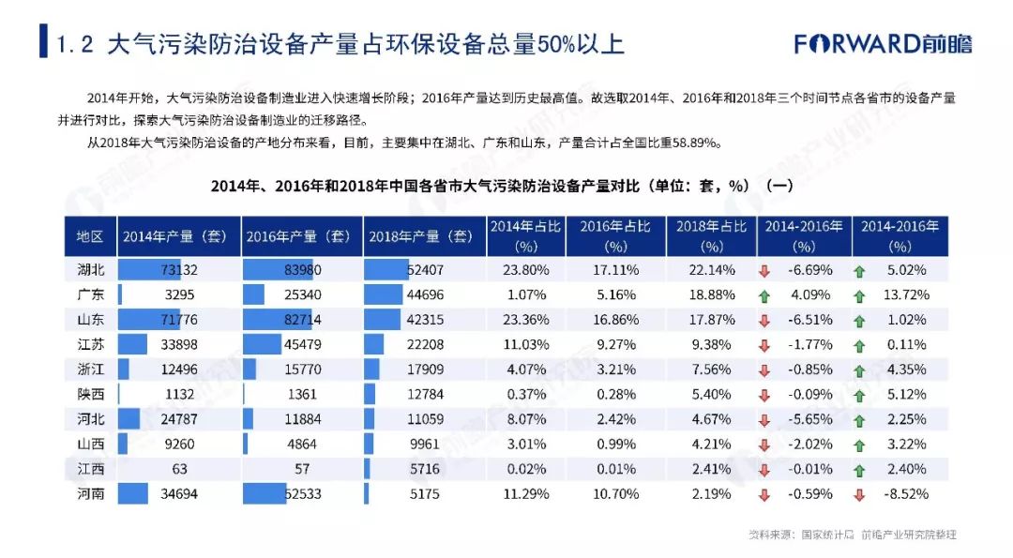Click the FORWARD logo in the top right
tap(883, 44)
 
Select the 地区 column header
tap(90, 236)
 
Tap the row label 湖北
tap(90, 269)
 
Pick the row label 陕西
tap(90, 394)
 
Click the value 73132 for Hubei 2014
tap(179, 269)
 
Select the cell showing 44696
tap(425, 294)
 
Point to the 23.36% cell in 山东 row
tap(526, 320)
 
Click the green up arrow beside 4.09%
tap(764, 296)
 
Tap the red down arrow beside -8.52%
tap(859, 495)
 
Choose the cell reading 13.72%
tap(906, 294)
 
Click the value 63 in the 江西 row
tap(179, 469)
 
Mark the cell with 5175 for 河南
tap(425, 494)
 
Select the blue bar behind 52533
tap(265, 493)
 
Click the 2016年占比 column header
tap(615, 236)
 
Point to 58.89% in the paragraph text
tap(695, 143)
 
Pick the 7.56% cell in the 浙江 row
tap(711, 369)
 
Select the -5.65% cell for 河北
tap(810, 419)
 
